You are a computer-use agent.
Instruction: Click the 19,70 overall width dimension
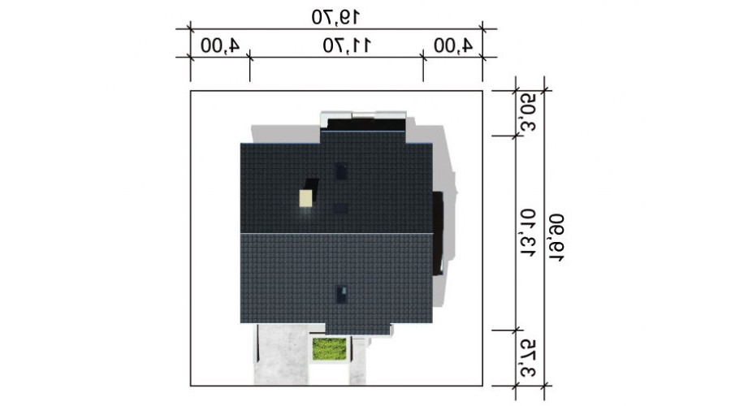(335, 17)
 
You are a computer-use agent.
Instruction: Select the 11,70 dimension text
(348, 45)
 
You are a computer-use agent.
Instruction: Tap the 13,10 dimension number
(528, 233)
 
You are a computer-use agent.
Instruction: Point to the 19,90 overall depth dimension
(556, 238)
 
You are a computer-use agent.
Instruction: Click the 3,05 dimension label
(528, 112)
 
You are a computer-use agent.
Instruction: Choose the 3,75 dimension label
(528, 358)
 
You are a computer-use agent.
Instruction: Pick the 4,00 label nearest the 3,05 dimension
(453, 45)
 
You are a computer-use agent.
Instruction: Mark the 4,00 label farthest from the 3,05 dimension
(220, 45)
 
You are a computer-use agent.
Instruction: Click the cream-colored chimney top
(306, 198)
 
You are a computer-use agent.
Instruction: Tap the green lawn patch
(330, 349)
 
